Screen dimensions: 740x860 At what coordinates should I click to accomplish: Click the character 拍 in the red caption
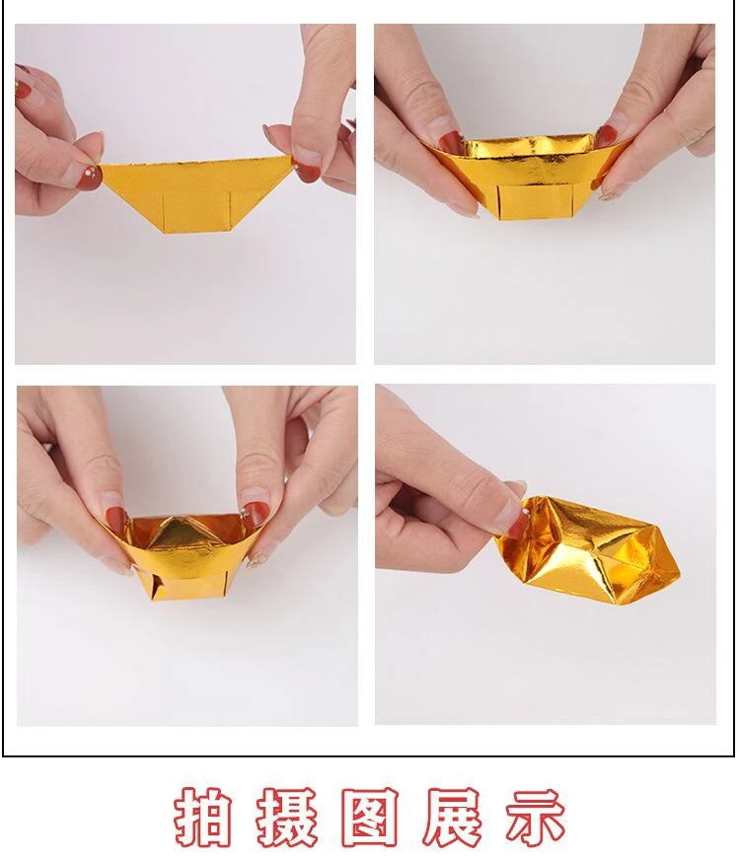click(202, 817)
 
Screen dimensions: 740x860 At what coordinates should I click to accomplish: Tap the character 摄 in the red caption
click(287, 817)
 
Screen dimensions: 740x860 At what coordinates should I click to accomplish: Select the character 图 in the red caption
click(371, 817)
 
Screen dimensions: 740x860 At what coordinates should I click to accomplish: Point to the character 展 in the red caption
click(454, 817)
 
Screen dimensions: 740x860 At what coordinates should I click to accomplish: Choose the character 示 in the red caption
click(535, 817)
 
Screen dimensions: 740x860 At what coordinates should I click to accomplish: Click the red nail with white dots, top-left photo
click(89, 178)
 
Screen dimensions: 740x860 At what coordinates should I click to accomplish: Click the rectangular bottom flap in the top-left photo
click(197, 212)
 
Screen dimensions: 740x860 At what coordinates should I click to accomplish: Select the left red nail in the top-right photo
click(449, 143)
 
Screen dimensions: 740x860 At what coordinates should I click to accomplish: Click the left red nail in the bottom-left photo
click(117, 521)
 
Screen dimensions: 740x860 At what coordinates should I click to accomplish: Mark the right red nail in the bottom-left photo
click(253, 515)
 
